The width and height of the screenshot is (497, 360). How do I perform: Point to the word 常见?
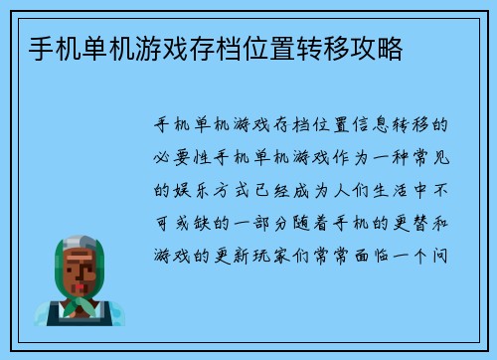(433, 155)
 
